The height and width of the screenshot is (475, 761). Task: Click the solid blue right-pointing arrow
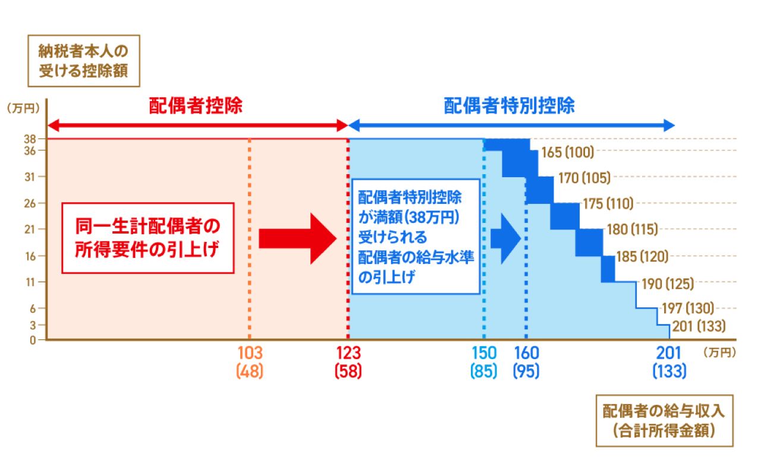(505, 238)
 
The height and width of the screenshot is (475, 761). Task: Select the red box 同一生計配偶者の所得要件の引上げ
(148, 238)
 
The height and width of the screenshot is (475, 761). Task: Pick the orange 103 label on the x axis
(250, 353)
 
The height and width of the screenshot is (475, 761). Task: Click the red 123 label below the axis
(348, 353)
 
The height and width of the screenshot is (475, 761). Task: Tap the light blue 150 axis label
(484, 353)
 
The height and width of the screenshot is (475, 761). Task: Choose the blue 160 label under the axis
(526, 353)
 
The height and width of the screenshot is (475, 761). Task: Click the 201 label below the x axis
(669, 353)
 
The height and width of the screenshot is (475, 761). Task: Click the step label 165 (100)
(567, 152)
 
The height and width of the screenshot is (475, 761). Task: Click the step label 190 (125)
(668, 284)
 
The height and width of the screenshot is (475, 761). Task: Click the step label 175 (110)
(608, 204)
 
